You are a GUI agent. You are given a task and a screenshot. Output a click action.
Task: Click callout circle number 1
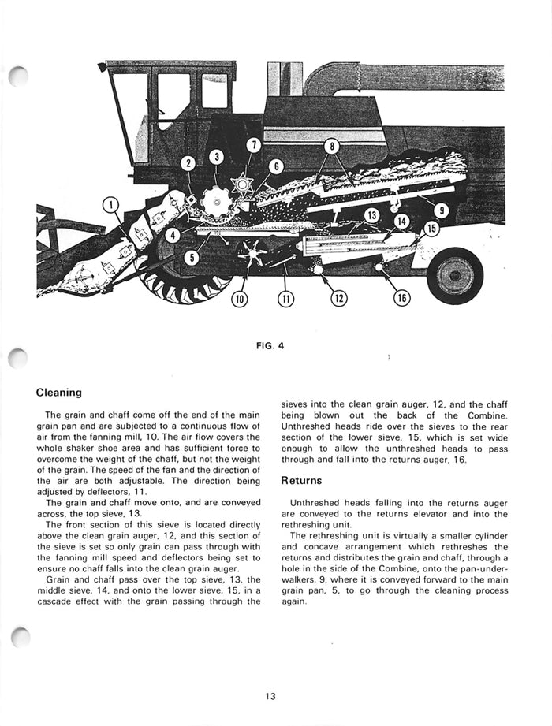point(112,207)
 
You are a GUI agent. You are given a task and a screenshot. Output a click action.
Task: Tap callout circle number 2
point(188,163)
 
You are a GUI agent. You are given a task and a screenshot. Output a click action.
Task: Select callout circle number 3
point(215,157)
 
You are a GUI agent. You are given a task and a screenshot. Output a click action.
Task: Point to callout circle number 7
point(252,145)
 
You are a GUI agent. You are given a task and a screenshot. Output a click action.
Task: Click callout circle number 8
point(333,147)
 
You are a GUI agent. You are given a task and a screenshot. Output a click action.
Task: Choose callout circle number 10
point(239,299)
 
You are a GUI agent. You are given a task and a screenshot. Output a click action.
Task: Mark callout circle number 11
point(285,299)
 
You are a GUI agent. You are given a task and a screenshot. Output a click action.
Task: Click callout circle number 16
point(403,298)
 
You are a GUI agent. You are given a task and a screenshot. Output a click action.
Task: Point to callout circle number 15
point(430,229)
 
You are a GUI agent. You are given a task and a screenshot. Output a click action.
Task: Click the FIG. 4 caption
point(274,344)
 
